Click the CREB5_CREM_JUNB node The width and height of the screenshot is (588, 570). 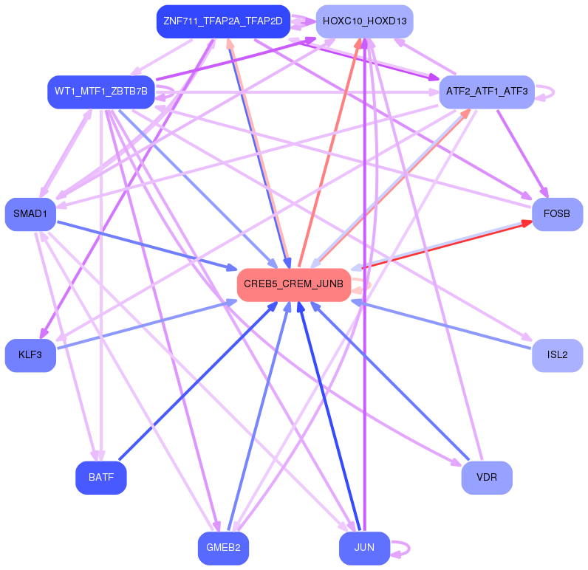(x=294, y=285)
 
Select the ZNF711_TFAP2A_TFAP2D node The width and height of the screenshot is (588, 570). (x=223, y=21)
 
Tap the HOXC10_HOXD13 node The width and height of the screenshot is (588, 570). (x=364, y=21)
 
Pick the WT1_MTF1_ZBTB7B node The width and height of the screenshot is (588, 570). (x=101, y=92)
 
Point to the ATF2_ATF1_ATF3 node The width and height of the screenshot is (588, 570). (x=487, y=92)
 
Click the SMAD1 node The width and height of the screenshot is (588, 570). (x=30, y=214)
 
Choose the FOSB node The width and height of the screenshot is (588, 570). (x=557, y=214)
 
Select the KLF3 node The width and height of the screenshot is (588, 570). (x=30, y=355)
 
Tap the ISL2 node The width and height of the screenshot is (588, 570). (x=557, y=355)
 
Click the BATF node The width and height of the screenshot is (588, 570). (x=101, y=478)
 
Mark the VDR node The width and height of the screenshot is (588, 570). (x=487, y=478)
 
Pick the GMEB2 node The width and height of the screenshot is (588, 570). (x=223, y=549)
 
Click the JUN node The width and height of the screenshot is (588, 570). (x=364, y=549)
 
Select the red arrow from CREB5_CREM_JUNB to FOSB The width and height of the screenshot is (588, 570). (x=446, y=245)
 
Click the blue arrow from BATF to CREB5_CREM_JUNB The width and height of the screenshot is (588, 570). (x=198, y=381)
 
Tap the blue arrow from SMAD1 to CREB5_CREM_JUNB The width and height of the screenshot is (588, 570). (x=147, y=245)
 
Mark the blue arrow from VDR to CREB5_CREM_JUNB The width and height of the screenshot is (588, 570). (x=389, y=381)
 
